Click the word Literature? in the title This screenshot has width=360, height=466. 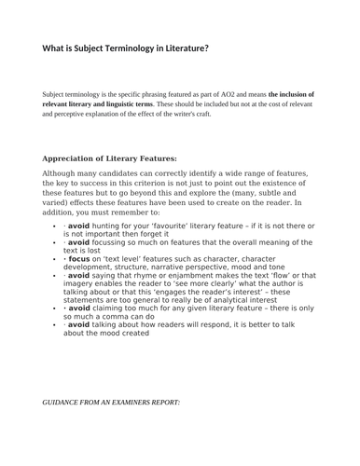click(x=177, y=48)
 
